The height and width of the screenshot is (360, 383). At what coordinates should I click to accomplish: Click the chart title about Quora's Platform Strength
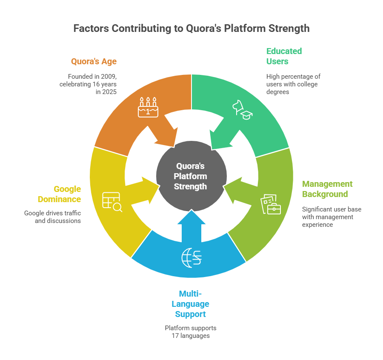click(x=191, y=29)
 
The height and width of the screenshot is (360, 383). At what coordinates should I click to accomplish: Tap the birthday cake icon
click(x=148, y=108)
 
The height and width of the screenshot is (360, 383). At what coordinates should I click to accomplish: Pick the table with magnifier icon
click(x=112, y=202)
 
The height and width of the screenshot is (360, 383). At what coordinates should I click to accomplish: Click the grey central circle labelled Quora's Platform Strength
click(x=191, y=176)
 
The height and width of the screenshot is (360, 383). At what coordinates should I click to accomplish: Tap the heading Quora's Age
click(x=94, y=61)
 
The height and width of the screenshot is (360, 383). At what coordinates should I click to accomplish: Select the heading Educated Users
click(x=284, y=56)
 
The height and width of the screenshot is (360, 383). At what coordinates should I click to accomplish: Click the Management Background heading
click(x=327, y=189)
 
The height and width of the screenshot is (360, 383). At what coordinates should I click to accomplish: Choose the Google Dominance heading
click(x=59, y=194)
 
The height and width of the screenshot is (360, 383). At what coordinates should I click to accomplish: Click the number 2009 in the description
click(x=107, y=77)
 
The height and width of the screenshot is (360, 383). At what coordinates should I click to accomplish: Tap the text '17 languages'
click(x=191, y=336)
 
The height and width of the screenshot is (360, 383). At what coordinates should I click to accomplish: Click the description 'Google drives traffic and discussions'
click(x=52, y=217)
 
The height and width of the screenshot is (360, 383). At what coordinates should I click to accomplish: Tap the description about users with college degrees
click(x=293, y=84)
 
